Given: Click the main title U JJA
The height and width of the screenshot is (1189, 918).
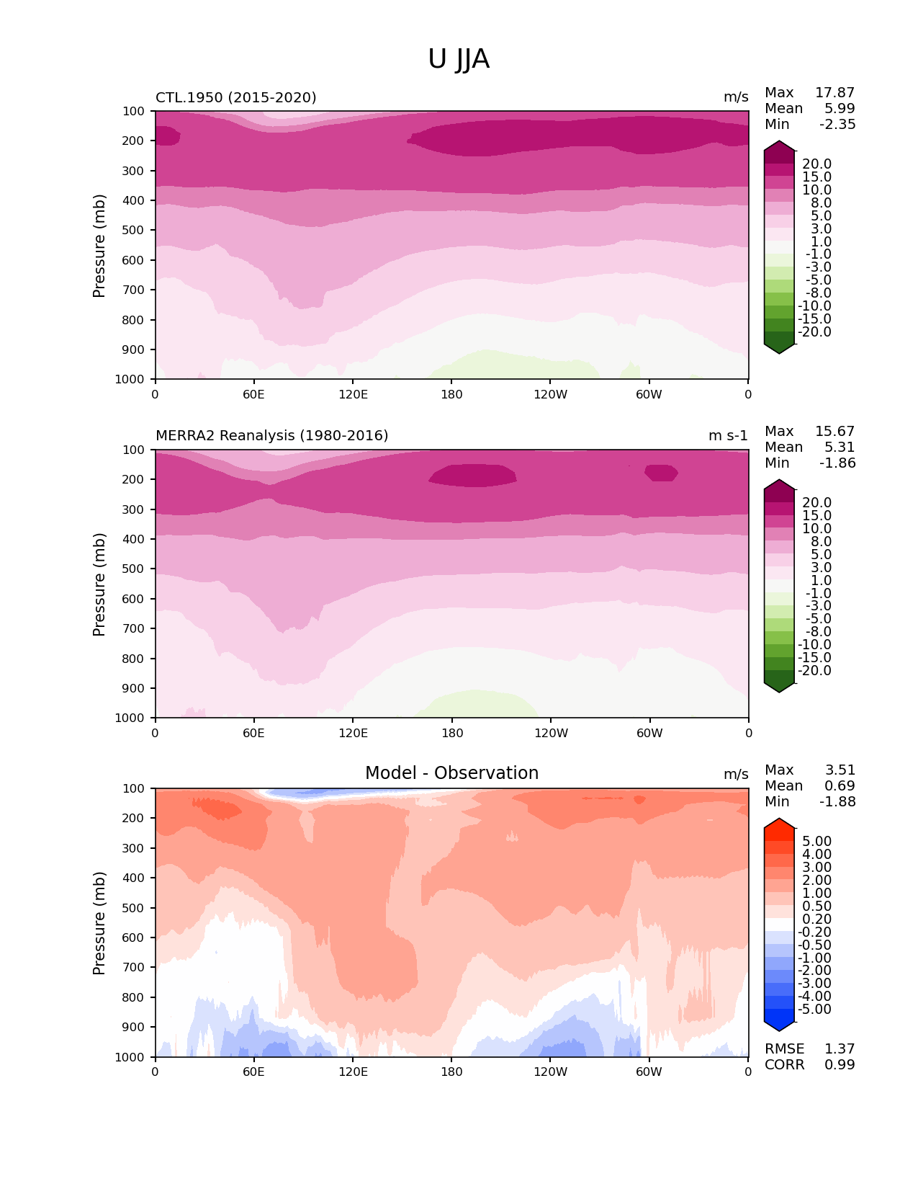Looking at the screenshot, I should coord(459,59).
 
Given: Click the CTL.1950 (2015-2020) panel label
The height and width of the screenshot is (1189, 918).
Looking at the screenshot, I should coord(236,97).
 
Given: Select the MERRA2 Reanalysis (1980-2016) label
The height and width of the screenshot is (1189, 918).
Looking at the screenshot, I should coord(272,436).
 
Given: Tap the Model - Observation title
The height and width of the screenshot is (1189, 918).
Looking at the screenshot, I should coord(451,773).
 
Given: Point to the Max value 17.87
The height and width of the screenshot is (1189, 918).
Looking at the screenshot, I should coord(834,93).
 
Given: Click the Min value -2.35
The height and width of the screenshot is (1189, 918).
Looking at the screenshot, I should coord(837,125).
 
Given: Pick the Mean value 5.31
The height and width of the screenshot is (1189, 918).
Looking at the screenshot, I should coord(840,447).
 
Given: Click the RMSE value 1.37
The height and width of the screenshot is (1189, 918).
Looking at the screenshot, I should coord(840,1049).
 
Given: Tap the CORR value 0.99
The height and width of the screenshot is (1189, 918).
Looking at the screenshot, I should coord(840,1065).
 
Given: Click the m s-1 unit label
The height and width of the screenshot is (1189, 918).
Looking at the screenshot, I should coord(728,436).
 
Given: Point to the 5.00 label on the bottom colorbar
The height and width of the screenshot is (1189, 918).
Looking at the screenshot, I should coord(817,842).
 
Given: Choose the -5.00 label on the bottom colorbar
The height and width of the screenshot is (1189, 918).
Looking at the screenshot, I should coord(815,1010).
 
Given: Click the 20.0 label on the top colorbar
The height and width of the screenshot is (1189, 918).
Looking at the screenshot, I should coord(817,164).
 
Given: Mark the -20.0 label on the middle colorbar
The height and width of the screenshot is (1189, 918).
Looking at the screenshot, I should coord(815,671).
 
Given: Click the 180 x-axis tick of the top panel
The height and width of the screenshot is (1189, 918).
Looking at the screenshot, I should coord(451,394).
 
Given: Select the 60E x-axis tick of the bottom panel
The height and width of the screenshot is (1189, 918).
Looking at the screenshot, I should coord(253,1072).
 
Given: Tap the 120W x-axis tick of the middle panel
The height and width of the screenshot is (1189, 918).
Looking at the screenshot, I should coord(551,734).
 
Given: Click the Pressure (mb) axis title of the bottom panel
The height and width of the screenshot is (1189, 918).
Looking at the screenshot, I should coord(99,923).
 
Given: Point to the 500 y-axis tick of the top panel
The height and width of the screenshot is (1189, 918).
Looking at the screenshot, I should coord(135,231).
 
